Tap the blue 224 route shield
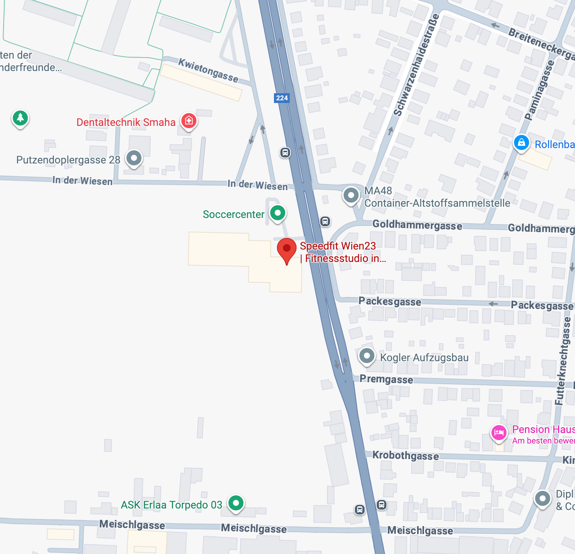coord(282,98)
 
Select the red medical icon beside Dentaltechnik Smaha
coord(189,121)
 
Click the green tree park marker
coord(20,118)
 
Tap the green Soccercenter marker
coord(278,213)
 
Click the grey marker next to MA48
coord(351,195)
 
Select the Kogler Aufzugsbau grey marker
coord(367,355)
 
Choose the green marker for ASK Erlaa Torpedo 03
coord(236,503)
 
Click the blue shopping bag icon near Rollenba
coord(522,143)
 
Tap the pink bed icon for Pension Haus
coord(499,433)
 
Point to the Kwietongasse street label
coord(208,70)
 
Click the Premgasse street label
coord(386,379)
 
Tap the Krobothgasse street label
coord(406,456)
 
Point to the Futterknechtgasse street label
coord(563,361)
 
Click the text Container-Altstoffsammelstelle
coord(437,203)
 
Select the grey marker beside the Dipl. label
coord(543,499)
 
